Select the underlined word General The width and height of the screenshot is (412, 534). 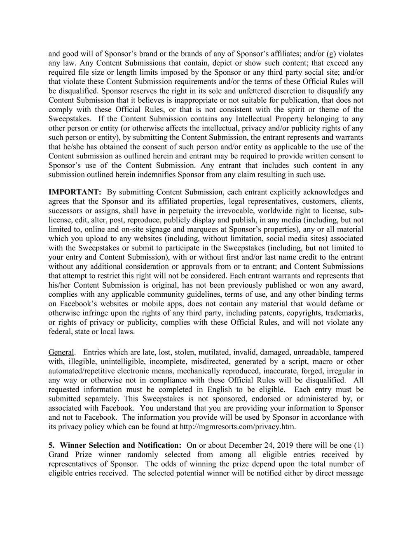click(x=61, y=352)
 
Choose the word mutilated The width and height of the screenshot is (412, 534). click(x=214, y=352)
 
